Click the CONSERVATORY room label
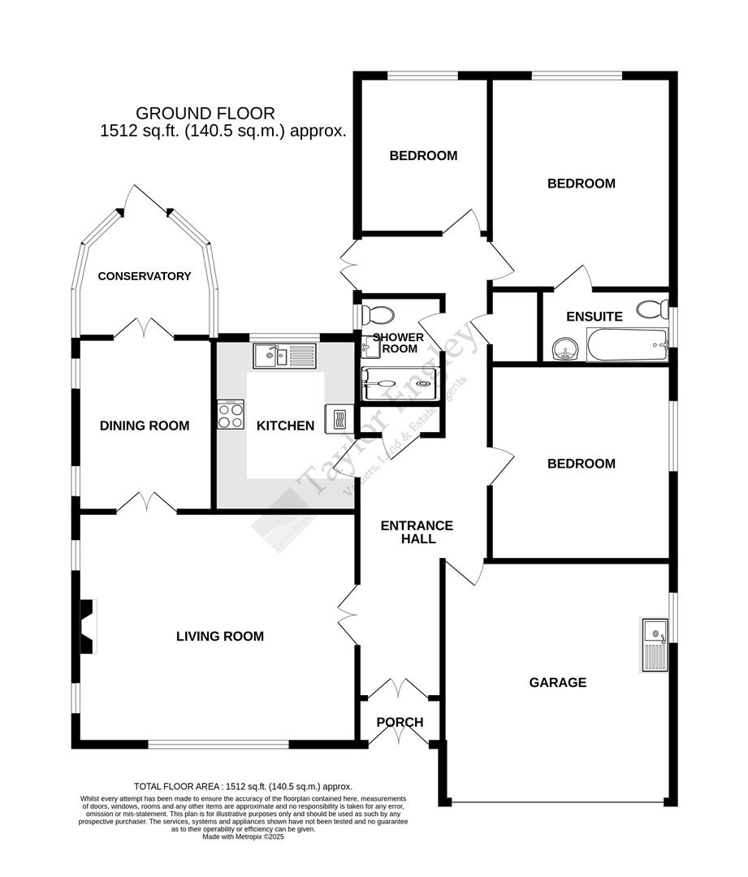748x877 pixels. (145, 276)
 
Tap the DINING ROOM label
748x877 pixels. (145, 426)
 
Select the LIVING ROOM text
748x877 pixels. (220, 637)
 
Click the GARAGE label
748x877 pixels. (557, 683)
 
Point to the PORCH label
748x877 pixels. (400, 723)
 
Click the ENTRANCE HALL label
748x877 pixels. (417, 532)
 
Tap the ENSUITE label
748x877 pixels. (595, 317)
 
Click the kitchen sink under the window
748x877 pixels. (283, 355)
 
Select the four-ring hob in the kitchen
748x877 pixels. (231, 416)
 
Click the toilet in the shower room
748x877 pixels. (377, 314)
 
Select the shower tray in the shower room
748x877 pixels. (399, 383)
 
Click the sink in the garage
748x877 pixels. (654, 645)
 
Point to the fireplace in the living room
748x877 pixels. (87, 625)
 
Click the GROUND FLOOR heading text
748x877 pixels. (205, 114)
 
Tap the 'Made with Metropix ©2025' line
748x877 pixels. (244, 837)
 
